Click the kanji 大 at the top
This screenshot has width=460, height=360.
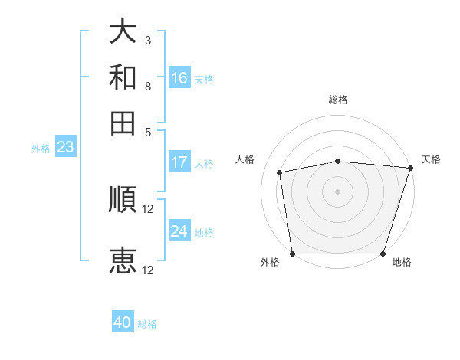123,31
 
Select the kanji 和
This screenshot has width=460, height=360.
123,77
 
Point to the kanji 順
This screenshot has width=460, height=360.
123,200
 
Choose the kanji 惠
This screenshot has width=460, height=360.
123,260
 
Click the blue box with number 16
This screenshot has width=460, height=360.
179,78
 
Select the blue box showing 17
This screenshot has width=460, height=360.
179,162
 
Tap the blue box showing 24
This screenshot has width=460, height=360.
179,231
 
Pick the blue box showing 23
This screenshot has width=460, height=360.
65,147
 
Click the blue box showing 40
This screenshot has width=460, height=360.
123,322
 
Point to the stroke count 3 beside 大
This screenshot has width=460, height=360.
147,39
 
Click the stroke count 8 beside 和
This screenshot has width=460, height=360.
147,86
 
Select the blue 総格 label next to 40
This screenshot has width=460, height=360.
147,324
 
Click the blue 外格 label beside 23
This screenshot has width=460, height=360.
40,149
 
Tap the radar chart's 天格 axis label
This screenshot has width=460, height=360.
431,159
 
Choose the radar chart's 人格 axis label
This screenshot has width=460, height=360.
245,159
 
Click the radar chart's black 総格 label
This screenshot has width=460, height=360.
338,100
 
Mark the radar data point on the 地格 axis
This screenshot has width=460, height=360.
383,254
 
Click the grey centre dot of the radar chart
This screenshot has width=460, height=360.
338,191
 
